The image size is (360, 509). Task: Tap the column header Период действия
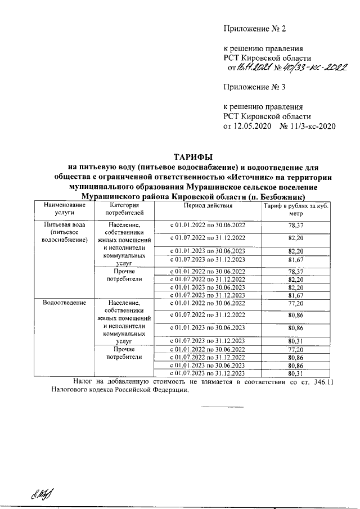click(x=207, y=206)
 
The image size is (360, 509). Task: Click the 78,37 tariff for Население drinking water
click(x=295, y=225)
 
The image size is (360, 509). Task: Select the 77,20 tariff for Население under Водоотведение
click(x=295, y=303)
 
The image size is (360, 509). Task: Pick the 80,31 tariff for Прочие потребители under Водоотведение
click(x=295, y=373)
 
